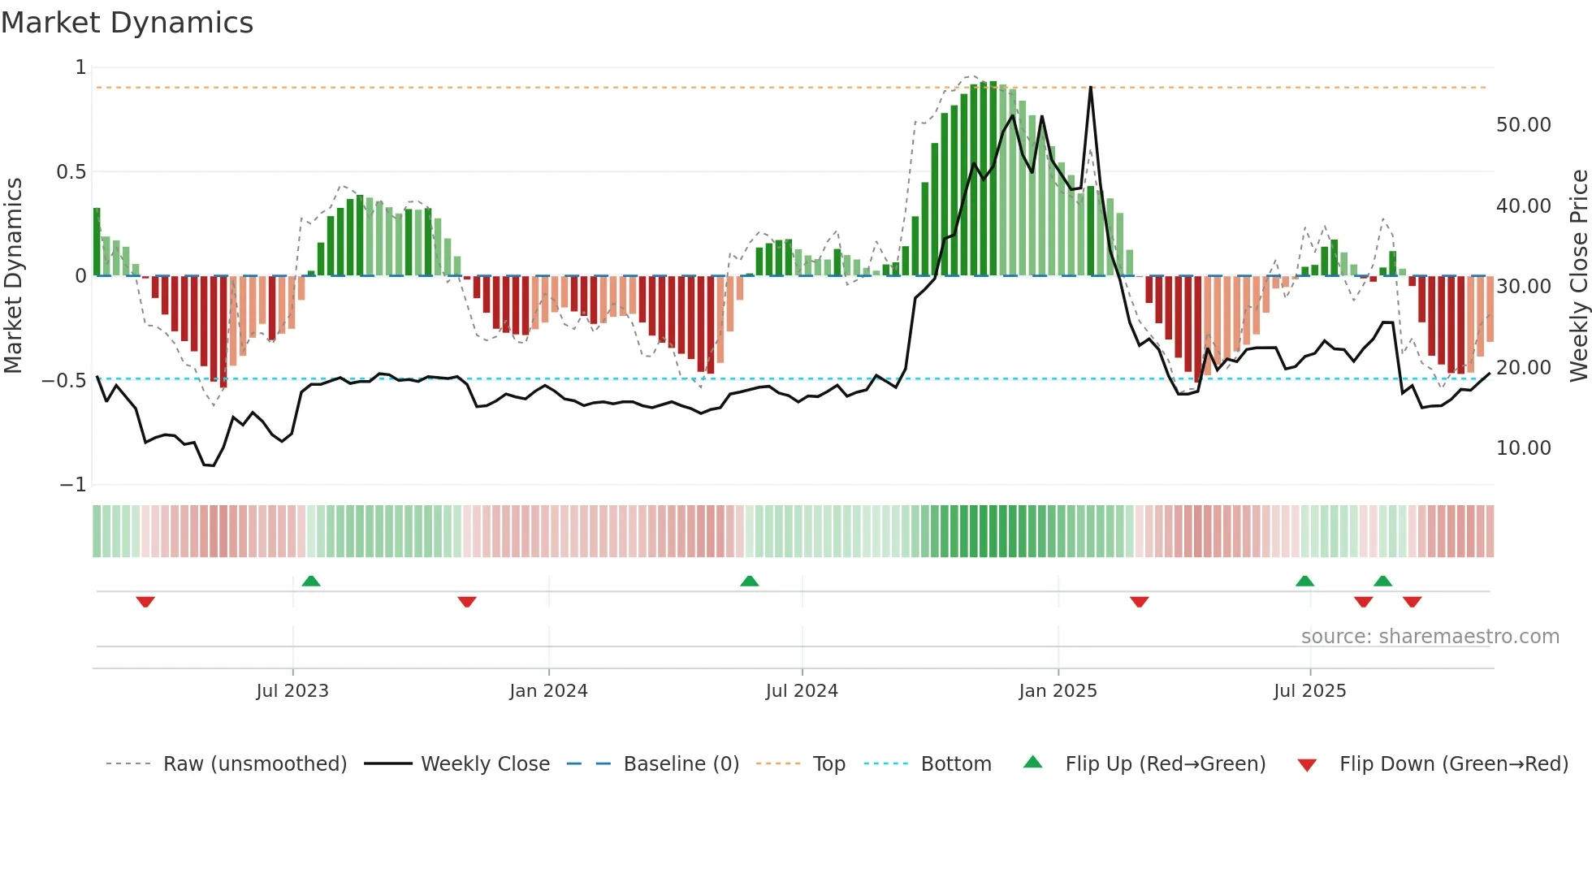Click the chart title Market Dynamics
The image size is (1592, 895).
click(x=127, y=23)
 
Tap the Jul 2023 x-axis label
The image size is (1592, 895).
click(x=292, y=691)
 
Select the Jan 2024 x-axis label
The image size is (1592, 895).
click(x=548, y=691)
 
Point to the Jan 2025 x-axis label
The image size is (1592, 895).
click(x=1058, y=691)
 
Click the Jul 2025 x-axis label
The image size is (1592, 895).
click(x=1309, y=691)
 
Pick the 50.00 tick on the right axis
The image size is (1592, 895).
click(x=1523, y=125)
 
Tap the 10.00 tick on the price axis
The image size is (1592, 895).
click(x=1523, y=448)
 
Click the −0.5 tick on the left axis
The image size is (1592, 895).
click(x=63, y=381)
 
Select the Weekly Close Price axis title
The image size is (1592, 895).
click(x=1578, y=276)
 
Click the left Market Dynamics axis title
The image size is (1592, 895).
click(x=13, y=276)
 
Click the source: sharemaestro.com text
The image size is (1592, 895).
click(x=1430, y=637)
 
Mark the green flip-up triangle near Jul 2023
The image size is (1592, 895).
click(x=311, y=581)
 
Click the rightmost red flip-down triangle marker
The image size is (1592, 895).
click(x=1412, y=602)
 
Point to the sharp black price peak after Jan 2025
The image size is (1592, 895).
click(x=1090, y=88)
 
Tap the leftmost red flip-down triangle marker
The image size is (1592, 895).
click(x=145, y=602)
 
